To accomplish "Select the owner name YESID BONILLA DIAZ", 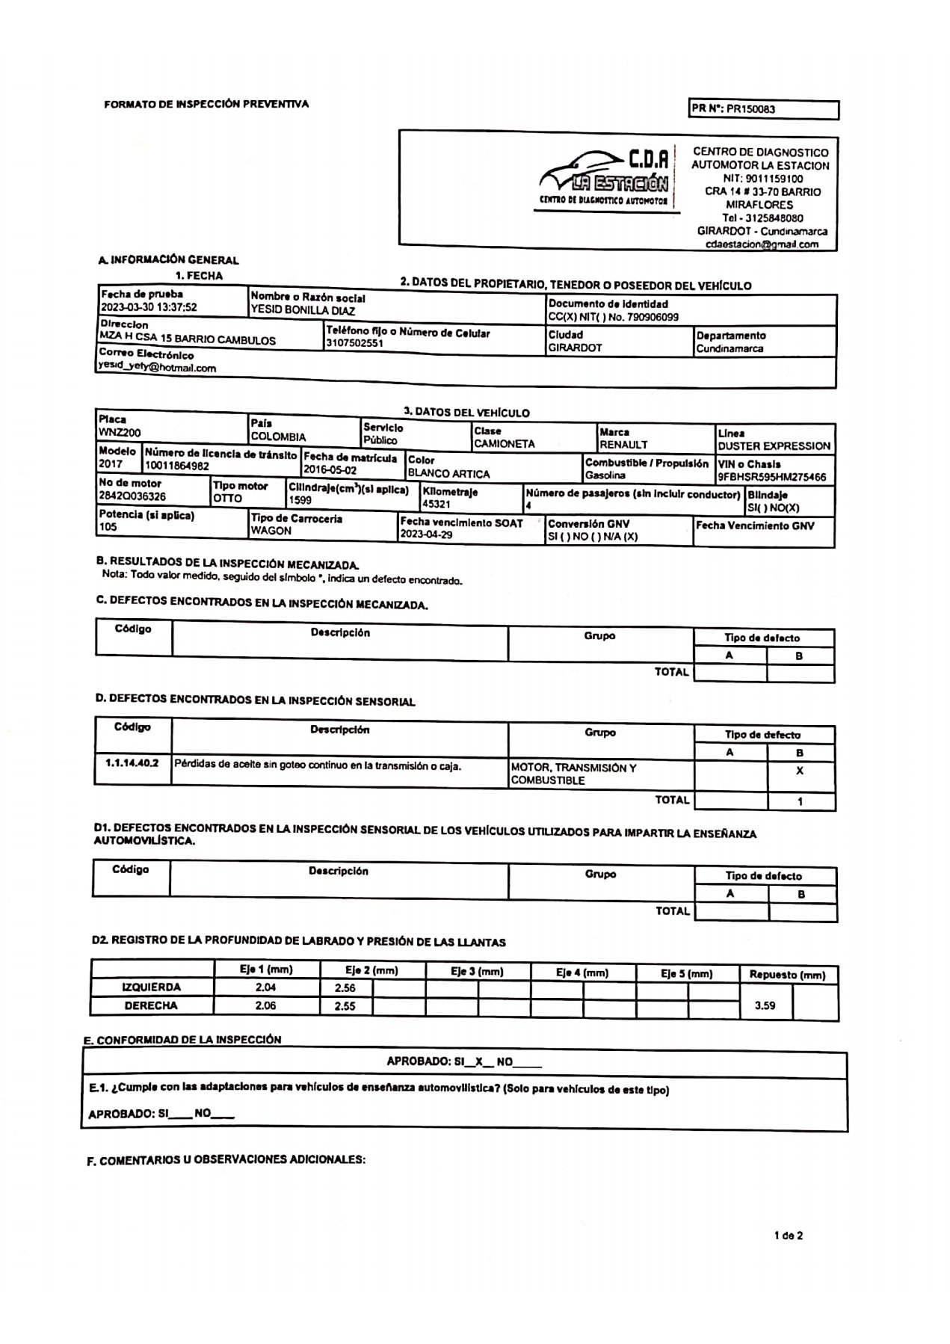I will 303,311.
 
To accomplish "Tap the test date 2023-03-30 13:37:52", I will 149,307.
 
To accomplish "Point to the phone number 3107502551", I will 354,344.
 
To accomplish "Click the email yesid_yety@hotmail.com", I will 157,368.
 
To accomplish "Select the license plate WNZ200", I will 120,433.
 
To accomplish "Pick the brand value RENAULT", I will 623,445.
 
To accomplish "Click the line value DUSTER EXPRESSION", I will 774,446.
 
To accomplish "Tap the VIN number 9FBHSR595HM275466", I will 771,477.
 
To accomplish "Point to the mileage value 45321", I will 437,505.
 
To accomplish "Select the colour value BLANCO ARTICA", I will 448,474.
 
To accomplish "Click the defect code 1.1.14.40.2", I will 132,764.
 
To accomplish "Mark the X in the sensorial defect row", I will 800,771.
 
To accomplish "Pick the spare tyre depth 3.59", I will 765,1006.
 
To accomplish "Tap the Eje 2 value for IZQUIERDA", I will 345,988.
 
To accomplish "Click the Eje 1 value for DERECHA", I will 265,1006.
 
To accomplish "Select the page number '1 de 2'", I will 789,1236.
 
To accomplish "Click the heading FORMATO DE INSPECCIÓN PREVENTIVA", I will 206,105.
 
